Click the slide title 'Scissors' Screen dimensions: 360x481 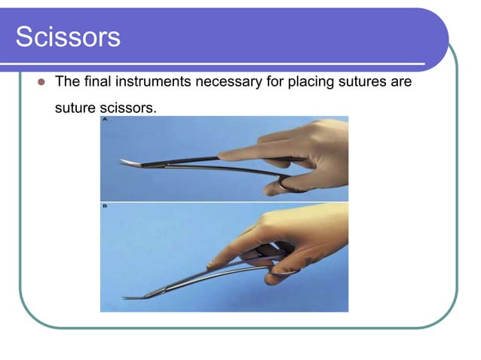click(x=68, y=36)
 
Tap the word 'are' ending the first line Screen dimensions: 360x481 click(x=401, y=81)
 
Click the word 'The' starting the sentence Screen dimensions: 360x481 click(x=67, y=81)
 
